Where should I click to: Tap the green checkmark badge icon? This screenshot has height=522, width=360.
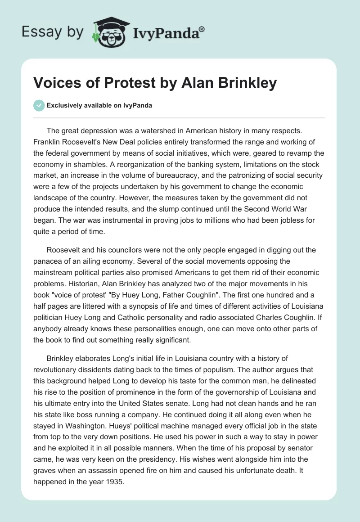coord(39,105)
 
